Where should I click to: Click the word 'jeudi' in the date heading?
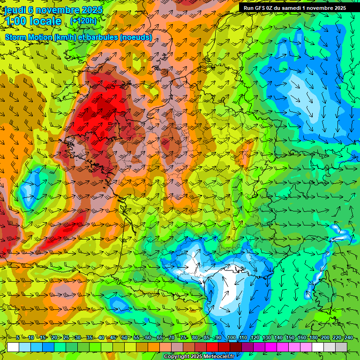point(17,10)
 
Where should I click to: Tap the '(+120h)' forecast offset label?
point(83,21)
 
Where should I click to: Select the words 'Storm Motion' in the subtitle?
point(29,37)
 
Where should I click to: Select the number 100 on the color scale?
point(231,338)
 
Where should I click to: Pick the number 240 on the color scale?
point(348,338)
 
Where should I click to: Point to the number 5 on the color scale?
point(18,338)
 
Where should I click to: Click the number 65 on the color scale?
point(159,338)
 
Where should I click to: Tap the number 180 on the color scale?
point(313,338)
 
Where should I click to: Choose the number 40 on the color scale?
point(101,338)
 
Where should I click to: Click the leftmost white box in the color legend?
point(13,347)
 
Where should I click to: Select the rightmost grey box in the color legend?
point(341,347)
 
